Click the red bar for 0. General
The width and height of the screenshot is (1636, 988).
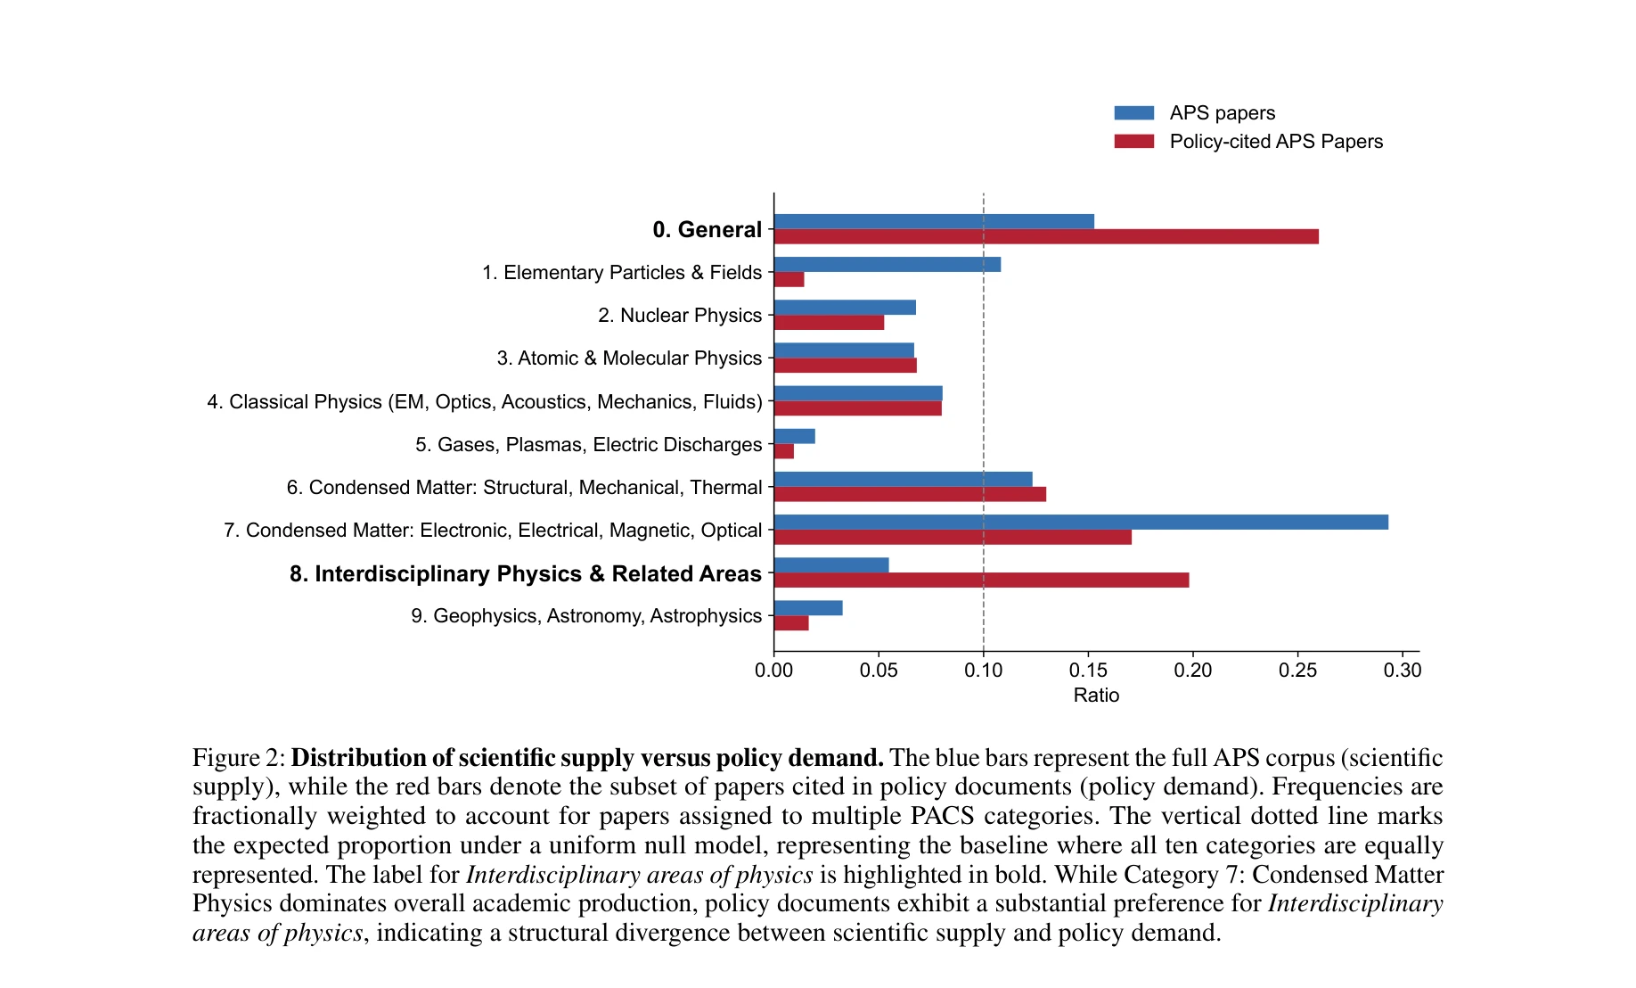point(1046,236)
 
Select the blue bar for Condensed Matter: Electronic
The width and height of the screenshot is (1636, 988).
point(1081,523)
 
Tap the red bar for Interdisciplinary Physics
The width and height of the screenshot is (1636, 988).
point(981,580)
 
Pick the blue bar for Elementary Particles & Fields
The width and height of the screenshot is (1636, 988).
point(888,265)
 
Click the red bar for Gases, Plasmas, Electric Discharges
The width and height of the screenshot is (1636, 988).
point(784,451)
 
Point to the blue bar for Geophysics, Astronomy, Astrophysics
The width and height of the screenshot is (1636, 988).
point(808,608)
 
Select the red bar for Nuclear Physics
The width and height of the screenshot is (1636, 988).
point(829,323)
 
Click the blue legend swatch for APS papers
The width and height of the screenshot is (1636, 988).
point(1133,113)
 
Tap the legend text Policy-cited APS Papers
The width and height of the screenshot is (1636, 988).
point(1276,142)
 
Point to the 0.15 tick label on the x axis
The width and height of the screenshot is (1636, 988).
point(1088,671)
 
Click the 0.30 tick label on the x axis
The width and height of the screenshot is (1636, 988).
point(1403,671)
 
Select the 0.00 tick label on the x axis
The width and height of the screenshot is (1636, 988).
point(773,671)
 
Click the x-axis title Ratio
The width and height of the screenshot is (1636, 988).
point(1096,696)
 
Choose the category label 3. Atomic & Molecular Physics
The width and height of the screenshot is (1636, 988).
point(629,358)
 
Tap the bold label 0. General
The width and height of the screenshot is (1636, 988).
point(707,230)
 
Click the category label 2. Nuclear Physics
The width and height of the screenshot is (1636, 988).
point(680,316)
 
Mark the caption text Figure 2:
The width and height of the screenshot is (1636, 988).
point(238,758)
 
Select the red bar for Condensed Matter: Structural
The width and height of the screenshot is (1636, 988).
point(910,494)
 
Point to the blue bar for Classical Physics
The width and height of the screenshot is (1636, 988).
point(858,393)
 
